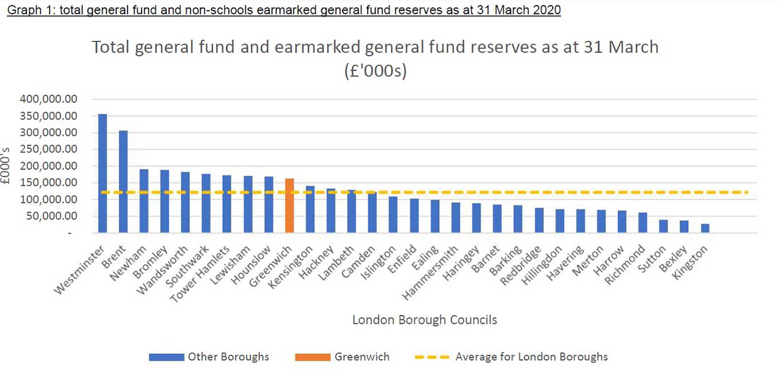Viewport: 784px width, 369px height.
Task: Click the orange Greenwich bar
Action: click(x=289, y=206)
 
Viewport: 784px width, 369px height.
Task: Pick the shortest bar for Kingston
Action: click(x=705, y=228)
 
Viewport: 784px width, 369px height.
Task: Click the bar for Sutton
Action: click(x=663, y=227)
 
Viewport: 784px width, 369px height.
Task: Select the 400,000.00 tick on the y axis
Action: click(x=49, y=99)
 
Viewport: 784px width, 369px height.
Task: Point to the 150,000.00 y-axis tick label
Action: click(x=49, y=183)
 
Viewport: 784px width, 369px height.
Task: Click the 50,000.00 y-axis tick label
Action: click(x=52, y=216)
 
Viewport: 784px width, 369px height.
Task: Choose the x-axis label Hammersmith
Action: click(x=430, y=272)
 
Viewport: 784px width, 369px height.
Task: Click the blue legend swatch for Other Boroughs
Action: click(x=166, y=357)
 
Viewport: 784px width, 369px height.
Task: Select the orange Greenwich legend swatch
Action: click(x=312, y=357)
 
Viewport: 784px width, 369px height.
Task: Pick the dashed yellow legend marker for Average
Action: click(x=432, y=357)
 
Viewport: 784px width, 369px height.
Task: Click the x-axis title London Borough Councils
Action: click(x=425, y=320)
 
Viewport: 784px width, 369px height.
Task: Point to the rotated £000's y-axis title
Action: click(x=5, y=166)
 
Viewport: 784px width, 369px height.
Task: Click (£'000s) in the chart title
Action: click(x=375, y=71)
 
